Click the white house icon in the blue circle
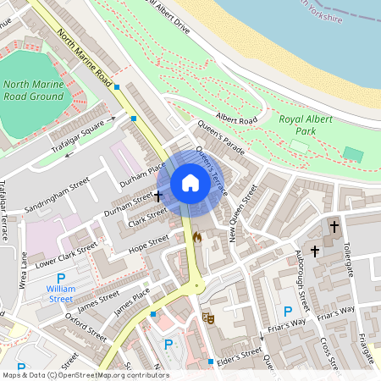point(190,183)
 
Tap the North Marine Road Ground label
point(33,90)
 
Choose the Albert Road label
point(236,120)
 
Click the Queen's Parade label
point(221,137)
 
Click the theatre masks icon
point(208,318)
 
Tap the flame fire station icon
point(197,238)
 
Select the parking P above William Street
point(60,279)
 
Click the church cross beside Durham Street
point(158,195)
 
